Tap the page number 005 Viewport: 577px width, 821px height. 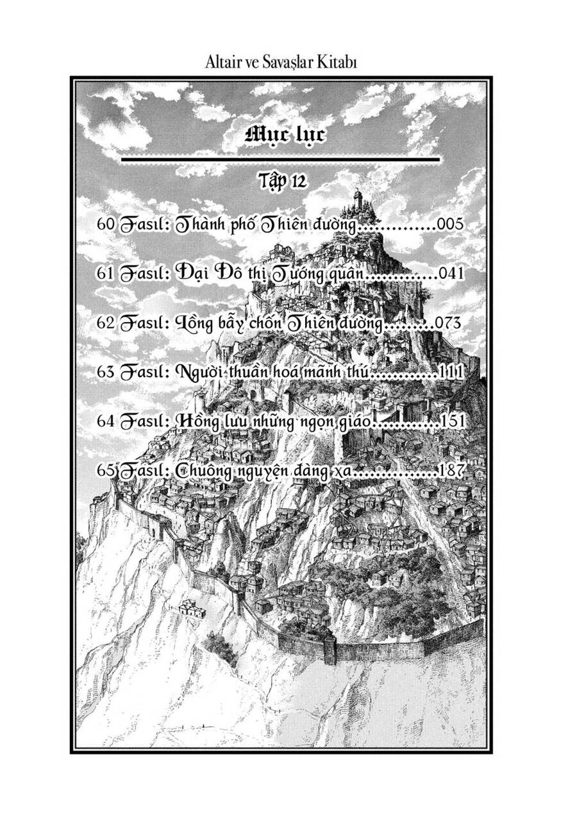pos(449,225)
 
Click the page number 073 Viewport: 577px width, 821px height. pos(447,323)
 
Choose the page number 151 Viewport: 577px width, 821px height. pos(453,421)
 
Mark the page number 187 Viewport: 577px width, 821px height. pos(451,470)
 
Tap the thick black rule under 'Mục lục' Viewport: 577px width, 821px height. pos(281,158)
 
